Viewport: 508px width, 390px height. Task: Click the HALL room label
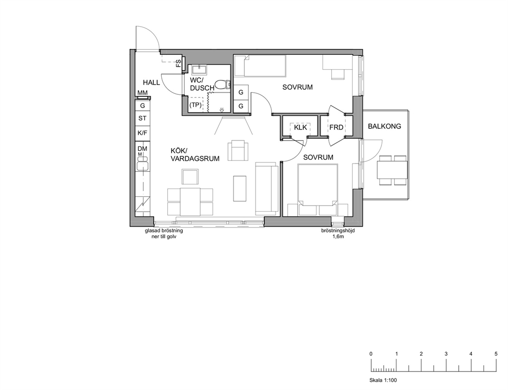pyautogui.click(x=151, y=83)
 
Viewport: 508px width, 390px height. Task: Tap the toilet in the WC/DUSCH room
pyautogui.click(x=223, y=85)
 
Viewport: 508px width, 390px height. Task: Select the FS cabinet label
pyautogui.click(x=179, y=63)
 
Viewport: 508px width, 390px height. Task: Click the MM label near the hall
pyautogui.click(x=142, y=93)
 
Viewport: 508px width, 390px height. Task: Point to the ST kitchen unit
pyautogui.click(x=142, y=118)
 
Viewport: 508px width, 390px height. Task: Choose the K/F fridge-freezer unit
pyautogui.click(x=142, y=133)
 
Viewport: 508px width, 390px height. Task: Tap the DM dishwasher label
pyautogui.click(x=142, y=149)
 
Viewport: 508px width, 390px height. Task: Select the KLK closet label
pyautogui.click(x=300, y=128)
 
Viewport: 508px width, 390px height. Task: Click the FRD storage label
pyautogui.click(x=336, y=128)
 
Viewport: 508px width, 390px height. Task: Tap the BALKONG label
pyautogui.click(x=384, y=126)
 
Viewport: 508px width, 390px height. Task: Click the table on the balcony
pyautogui.click(x=392, y=170)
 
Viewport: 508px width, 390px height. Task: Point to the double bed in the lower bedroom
pyautogui.click(x=317, y=190)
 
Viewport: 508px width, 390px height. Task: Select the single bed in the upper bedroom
pyautogui.click(x=261, y=66)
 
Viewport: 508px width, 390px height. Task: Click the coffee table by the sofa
pyautogui.click(x=240, y=189)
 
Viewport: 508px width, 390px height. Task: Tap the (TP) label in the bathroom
pyautogui.click(x=195, y=105)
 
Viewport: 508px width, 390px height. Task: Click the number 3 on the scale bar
pyautogui.click(x=446, y=354)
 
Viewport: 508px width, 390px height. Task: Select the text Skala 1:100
pyautogui.click(x=383, y=380)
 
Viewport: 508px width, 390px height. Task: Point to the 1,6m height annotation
pyautogui.click(x=338, y=237)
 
